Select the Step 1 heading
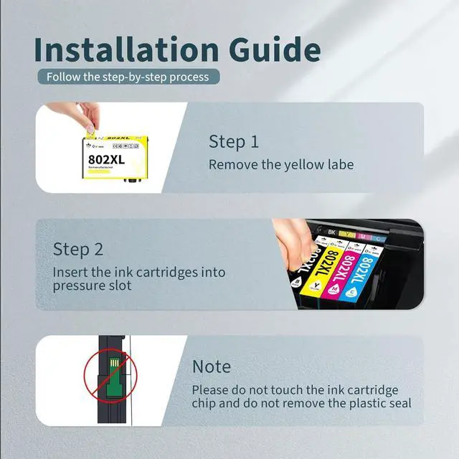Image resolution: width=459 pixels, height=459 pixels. pyautogui.click(x=233, y=141)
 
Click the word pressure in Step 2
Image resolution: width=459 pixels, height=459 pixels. pyautogui.click(x=79, y=285)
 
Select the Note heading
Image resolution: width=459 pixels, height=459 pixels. pyautogui.click(x=211, y=366)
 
